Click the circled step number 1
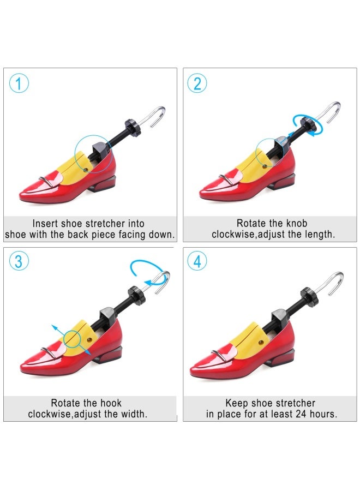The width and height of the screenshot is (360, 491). tap(19, 84)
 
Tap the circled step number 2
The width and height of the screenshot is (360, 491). tap(197, 83)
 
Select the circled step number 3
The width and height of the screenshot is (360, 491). tap(19, 261)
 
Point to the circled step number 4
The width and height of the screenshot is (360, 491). tap(197, 261)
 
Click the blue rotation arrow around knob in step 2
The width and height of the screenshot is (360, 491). tap(305, 123)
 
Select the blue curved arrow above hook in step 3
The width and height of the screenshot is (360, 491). tap(147, 270)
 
